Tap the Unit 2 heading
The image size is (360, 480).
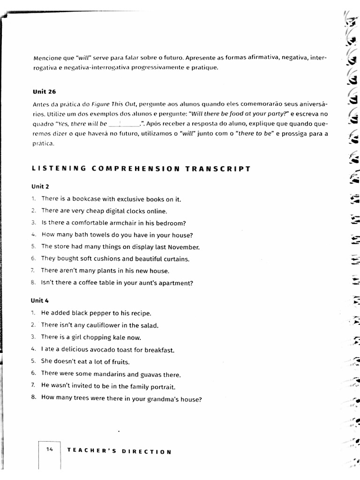click(x=41, y=186)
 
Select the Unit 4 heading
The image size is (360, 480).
click(x=41, y=300)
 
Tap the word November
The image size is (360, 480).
click(x=184, y=247)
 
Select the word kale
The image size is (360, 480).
click(x=118, y=337)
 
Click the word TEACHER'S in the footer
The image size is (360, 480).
click(x=89, y=451)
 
